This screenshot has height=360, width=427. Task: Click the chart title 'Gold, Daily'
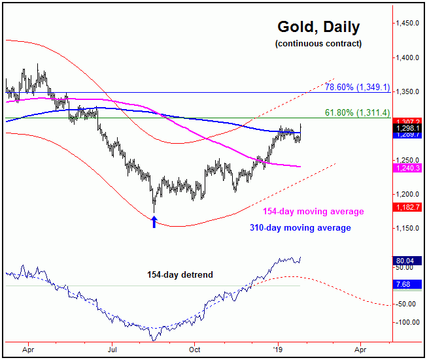318,27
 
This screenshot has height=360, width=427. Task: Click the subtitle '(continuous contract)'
318,44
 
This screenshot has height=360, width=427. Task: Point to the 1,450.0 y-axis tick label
408,24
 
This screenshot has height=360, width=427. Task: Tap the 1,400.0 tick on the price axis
408,57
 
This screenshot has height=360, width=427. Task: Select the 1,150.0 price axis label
408,228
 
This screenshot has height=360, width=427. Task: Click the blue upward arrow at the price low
154,221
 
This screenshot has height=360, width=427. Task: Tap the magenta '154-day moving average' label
313,212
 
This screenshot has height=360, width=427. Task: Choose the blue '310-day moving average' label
300,228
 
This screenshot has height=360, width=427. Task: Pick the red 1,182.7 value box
407,207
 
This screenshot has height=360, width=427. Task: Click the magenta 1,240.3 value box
407,168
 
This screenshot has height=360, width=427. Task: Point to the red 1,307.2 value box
407,122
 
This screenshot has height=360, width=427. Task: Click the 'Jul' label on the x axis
112,350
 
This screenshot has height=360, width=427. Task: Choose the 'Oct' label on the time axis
194,350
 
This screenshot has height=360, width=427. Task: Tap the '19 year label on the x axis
279,350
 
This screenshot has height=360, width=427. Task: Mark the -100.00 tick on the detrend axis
407,322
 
